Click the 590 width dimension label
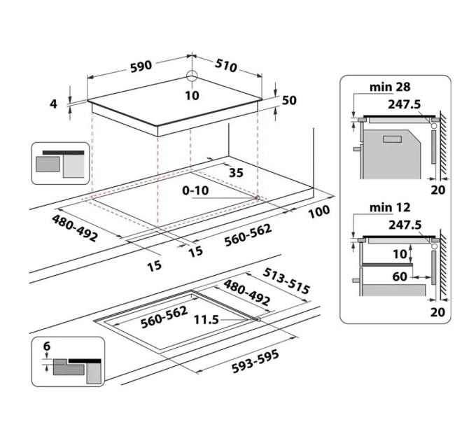141,66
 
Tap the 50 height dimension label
289,101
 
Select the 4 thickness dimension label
53,104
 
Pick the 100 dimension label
318,211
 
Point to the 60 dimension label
400,276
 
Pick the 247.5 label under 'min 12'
405,225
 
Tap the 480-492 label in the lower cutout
246,295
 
